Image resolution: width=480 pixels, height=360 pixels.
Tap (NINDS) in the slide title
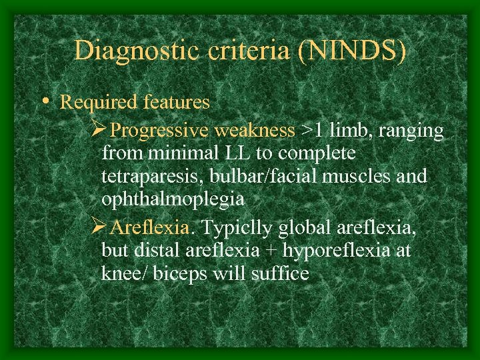coord(351,51)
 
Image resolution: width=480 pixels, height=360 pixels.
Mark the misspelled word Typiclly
coord(237,228)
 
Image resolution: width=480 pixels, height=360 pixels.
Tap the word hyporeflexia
coord(322,251)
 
